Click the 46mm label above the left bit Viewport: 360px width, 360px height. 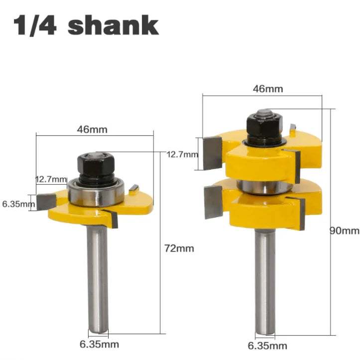(x=92, y=129)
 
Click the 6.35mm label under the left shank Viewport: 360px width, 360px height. (x=99, y=344)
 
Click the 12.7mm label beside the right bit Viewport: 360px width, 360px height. (x=182, y=154)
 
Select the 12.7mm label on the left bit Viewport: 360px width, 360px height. (x=51, y=179)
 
